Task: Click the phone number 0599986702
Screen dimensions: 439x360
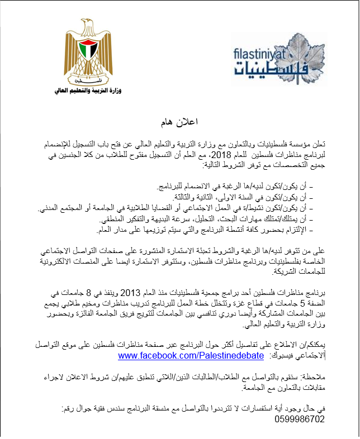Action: [300, 418]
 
